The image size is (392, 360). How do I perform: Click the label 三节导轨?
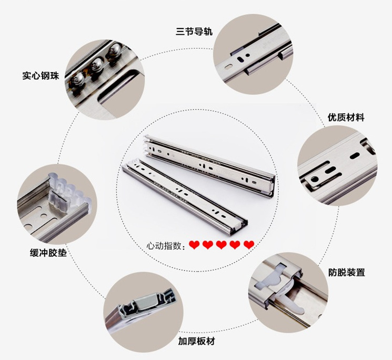click(194, 32)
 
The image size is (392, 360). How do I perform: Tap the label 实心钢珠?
click(41, 75)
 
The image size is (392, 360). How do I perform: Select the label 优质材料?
click(346, 117)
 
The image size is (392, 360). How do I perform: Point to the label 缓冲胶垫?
click(48, 253)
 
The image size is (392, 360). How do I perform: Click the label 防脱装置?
click(347, 272)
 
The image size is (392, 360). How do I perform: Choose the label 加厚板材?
click(196, 341)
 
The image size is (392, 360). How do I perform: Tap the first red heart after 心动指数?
click(194, 245)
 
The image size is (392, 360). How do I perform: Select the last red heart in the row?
click(249, 245)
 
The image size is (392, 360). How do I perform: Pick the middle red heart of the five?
click(222, 245)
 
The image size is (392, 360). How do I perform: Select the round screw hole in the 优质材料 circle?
click(315, 179)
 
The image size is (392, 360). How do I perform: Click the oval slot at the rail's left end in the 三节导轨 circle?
click(228, 67)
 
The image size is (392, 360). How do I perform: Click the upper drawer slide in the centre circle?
click(209, 166)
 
